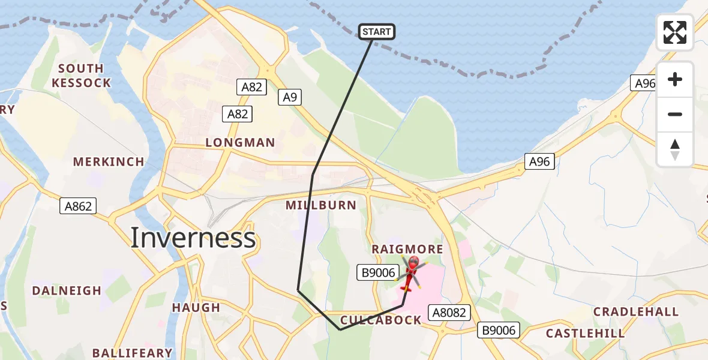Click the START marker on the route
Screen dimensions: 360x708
tap(377, 32)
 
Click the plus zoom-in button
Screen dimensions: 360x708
tap(675, 79)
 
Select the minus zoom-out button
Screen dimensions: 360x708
tap(675, 114)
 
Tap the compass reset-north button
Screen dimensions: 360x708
tap(675, 149)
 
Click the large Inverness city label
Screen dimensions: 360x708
tap(193, 238)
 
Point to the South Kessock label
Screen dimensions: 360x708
tap(81, 76)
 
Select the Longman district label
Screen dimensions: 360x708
tap(240, 143)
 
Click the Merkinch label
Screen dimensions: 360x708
tap(109, 162)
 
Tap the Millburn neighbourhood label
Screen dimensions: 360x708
tap(321, 205)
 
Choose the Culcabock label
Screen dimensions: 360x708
tap(381, 320)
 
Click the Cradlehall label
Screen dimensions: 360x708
tap(636, 312)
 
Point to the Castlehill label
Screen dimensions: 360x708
tap(585, 333)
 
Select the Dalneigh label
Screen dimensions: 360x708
tap(67, 291)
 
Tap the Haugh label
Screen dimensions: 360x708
tap(196, 308)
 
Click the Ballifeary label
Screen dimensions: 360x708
tap(132, 353)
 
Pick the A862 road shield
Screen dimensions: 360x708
tap(78, 206)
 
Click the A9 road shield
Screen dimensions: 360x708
tap(290, 97)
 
